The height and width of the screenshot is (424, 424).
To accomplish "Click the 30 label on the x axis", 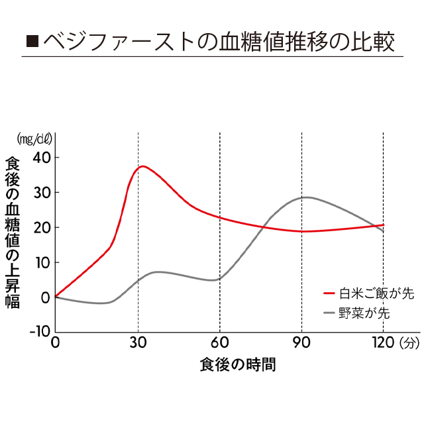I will pyautogui.click(x=138, y=343).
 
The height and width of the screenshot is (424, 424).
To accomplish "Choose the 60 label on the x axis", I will pyautogui.click(x=220, y=343).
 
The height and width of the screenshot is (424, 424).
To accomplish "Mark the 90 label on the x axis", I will pyautogui.click(x=301, y=343).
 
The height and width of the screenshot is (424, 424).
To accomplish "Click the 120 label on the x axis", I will pyautogui.click(x=383, y=343).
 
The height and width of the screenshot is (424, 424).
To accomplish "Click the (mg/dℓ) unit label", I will pyautogui.click(x=34, y=139).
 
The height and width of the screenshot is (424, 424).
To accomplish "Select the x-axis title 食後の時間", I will pyautogui.click(x=238, y=364).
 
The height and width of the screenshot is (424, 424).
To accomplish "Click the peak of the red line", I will pyautogui.click(x=142, y=166).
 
